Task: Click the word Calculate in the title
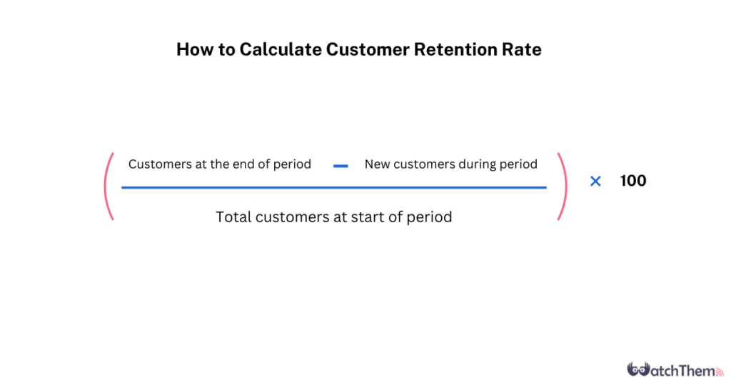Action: click(281, 49)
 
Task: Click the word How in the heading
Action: click(194, 49)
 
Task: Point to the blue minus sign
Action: click(341, 166)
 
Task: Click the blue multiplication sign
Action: click(595, 181)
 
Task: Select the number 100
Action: click(633, 181)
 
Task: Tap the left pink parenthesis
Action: click(109, 186)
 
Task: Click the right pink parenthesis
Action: click(563, 186)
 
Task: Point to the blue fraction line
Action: click(334, 187)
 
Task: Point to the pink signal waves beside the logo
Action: click(720, 372)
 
